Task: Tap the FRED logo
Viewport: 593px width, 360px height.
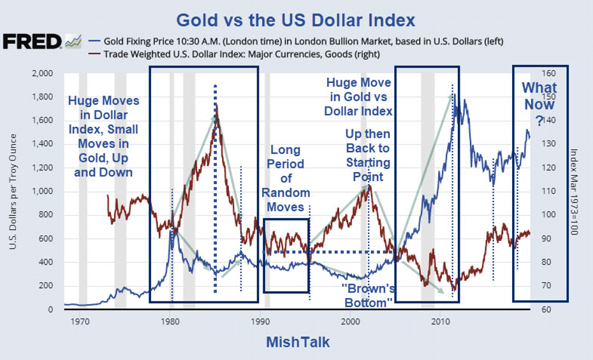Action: (x=33, y=42)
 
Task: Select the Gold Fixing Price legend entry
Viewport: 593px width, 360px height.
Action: (x=299, y=41)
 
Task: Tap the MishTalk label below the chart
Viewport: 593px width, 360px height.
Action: (x=298, y=343)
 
